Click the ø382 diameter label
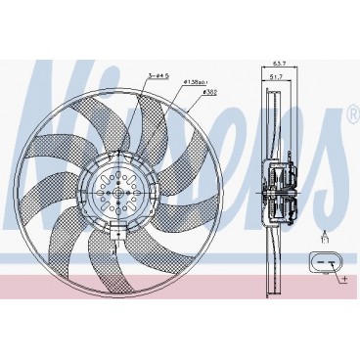click(209, 94)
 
